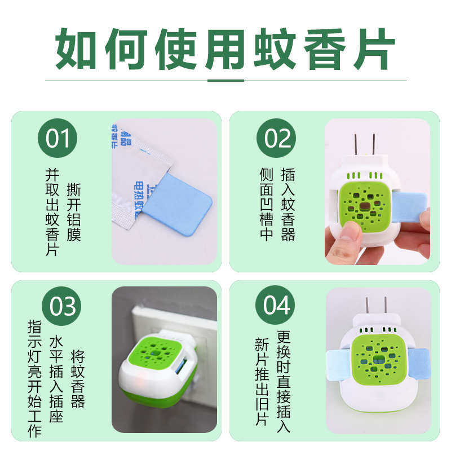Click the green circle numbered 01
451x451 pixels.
(58, 138)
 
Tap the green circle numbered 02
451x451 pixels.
(276, 138)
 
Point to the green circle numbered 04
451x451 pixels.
(276, 306)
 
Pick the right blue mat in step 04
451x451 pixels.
(418, 364)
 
